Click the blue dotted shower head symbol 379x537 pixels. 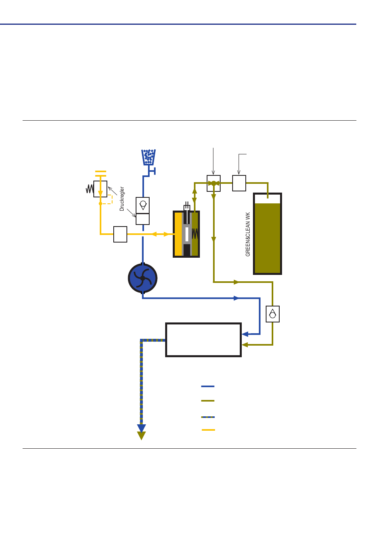148,157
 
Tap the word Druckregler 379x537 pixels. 122,199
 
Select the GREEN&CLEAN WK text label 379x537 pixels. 248,234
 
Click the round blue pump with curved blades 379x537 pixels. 143,278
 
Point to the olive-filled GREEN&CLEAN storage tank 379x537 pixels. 267,234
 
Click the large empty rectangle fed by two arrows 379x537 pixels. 203,340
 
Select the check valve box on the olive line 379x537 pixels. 273,314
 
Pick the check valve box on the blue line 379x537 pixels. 143,205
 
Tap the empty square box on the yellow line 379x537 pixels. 120,234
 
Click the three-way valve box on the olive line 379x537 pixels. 213,183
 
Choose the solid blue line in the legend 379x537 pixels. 208,386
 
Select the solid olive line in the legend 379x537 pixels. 208,401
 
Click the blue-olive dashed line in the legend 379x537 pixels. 208,417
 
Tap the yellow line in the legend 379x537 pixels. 208,430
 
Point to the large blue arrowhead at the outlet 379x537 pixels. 142,428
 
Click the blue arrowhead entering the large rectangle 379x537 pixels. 245,334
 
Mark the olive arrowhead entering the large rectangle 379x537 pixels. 245,345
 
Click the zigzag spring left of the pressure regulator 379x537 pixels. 90,189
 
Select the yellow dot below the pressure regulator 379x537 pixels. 101,203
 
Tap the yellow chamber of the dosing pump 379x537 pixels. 178,234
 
